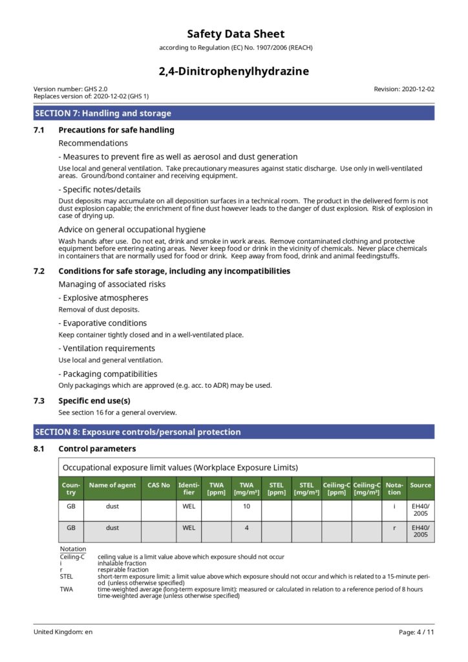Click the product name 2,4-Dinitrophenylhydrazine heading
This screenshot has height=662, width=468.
click(x=234, y=71)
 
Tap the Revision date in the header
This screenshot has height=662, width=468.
click(x=404, y=89)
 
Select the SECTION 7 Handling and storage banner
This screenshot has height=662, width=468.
click(x=234, y=113)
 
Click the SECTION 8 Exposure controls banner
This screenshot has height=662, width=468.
click(x=234, y=432)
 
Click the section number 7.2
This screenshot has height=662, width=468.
click(x=39, y=271)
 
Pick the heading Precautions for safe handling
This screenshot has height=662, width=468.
click(x=116, y=130)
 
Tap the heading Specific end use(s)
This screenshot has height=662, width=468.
click(x=94, y=401)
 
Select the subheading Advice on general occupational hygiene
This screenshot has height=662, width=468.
click(x=132, y=230)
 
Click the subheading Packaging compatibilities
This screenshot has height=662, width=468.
click(x=108, y=374)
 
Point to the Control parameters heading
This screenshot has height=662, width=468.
click(x=97, y=449)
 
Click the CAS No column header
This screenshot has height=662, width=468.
click(x=158, y=485)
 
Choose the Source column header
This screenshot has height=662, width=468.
click(x=420, y=485)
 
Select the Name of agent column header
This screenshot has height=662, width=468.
click(x=112, y=485)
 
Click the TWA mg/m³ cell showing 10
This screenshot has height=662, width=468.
click(x=246, y=507)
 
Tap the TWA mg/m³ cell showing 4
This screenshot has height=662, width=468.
click(x=246, y=528)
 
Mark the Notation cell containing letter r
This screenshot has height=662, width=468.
click(x=394, y=528)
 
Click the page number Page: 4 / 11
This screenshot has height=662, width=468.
click(x=416, y=632)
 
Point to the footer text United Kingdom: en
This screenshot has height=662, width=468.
click(x=63, y=632)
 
